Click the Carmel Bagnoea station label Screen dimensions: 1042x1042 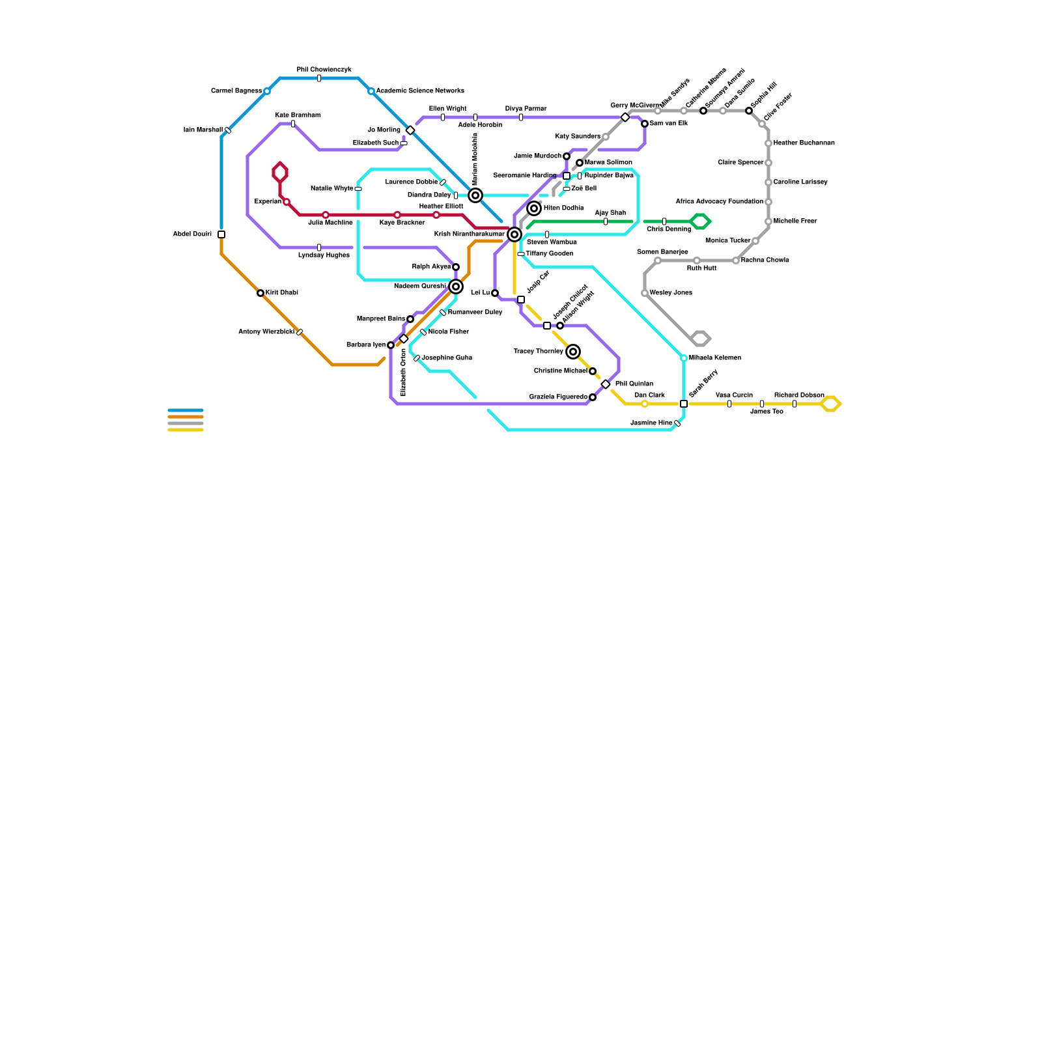click(x=236, y=91)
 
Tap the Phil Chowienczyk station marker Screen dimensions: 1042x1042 click(x=319, y=78)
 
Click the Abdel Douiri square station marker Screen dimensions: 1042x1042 click(x=221, y=234)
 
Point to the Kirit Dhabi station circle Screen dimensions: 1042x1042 click(x=260, y=293)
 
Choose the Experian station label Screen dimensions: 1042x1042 click(x=268, y=202)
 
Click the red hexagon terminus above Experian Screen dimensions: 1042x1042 click(x=280, y=173)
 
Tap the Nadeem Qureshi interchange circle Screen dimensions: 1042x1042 click(x=456, y=287)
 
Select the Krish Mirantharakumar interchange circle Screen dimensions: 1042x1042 click(x=514, y=234)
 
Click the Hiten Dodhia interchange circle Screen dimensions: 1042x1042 click(x=534, y=208)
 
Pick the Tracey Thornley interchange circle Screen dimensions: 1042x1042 click(x=573, y=352)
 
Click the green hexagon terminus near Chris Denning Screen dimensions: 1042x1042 click(x=700, y=221)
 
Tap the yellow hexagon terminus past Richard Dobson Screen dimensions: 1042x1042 click(x=830, y=404)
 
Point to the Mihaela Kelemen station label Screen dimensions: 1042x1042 click(x=714, y=358)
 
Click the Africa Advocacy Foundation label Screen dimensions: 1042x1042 click(x=719, y=202)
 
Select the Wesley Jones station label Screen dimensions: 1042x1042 click(x=671, y=293)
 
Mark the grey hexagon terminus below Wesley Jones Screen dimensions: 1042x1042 click(x=701, y=339)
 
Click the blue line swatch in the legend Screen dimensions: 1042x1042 click(x=186, y=410)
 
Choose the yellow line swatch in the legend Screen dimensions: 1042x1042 click(x=186, y=430)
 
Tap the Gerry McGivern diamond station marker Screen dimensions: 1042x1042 click(x=625, y=117)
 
